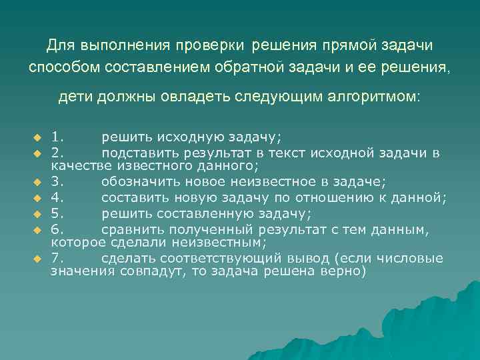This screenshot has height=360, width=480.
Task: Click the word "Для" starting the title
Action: (61, 45)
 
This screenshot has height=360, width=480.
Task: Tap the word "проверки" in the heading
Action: (213, 45)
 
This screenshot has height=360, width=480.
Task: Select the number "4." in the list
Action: (58, 198)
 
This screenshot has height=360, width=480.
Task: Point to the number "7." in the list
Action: (58, 259)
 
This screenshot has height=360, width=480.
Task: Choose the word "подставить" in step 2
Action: (135, 153)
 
